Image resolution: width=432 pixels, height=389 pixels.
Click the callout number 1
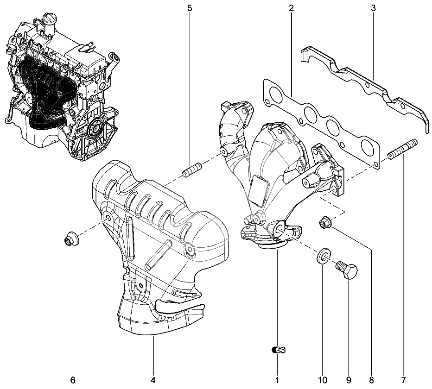(277, 380)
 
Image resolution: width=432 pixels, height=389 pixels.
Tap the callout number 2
(291, 8)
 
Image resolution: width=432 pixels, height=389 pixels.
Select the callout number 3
(374, 8)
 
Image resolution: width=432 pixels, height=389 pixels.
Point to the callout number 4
(152, 380)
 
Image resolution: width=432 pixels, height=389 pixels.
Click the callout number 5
(190, 8)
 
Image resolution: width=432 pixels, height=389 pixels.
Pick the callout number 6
(73, 380)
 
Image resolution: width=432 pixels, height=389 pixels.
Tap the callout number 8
(371, 380)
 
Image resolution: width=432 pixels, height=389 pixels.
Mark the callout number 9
(349, 380)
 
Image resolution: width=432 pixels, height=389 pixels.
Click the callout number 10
(323, 380)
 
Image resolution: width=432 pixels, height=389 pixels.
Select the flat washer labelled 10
(323, 256)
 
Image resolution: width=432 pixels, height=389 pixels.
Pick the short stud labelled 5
(192, 169)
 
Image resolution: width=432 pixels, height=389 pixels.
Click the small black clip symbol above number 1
(278, 351)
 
